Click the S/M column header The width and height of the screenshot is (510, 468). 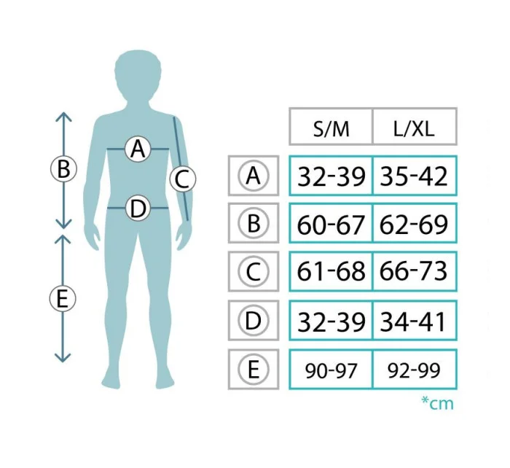(331, 127)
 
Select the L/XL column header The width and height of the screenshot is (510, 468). (415, 127)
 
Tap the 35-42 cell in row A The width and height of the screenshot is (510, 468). (415, 176)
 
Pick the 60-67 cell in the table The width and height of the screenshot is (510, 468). (331, 223)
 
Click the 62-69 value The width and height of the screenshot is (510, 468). (415, 223)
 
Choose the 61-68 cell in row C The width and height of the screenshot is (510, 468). (331, 271)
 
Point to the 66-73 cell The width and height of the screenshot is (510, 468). (415, 271)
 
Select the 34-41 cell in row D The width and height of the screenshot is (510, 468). (415, 321)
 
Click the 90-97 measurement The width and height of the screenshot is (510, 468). (331, 370)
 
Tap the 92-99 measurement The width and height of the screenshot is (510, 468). (415, 370)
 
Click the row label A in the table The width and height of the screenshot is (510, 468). (254, 176)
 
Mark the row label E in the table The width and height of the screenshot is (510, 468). (254, 370)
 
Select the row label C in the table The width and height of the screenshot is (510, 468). (254, 271)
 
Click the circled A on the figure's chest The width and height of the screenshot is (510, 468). (138, 149)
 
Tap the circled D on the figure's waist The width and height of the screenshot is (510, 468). (138, 208)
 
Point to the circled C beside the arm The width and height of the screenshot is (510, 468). (182, 179)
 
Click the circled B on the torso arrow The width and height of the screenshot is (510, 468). (63, 169)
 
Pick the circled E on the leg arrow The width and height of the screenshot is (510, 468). (63, 299)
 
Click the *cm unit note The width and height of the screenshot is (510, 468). (437, 404)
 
